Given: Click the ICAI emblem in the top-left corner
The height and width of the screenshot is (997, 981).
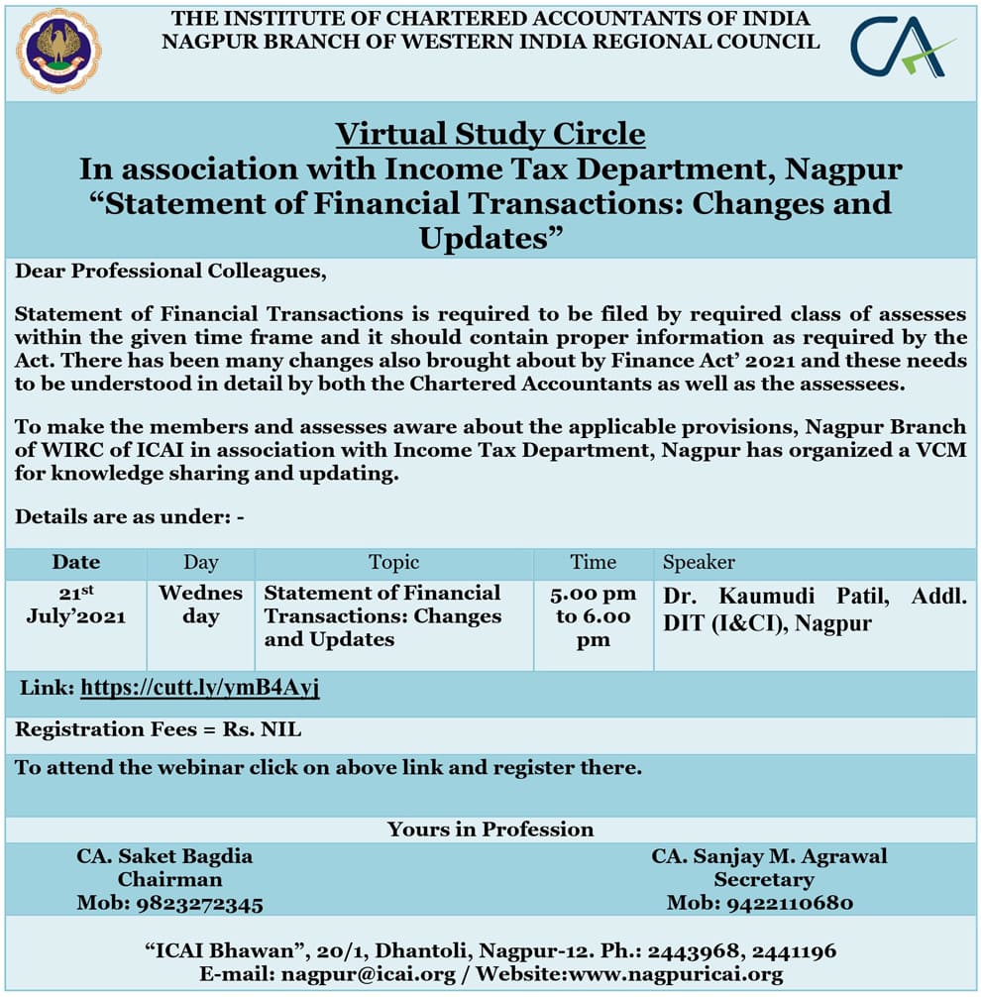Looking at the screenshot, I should pos(58,51).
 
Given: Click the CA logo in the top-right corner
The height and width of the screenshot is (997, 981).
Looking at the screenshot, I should pos(901,48).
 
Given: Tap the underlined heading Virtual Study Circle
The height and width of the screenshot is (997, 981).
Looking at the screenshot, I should pos(490,134).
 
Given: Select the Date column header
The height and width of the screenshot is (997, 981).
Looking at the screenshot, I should pos(76,562).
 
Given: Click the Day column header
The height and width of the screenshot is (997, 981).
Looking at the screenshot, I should pos(200,562).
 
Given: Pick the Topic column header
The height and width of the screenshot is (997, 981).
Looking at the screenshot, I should pos(393,562).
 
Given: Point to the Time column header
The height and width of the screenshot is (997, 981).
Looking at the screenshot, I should pos(593,562).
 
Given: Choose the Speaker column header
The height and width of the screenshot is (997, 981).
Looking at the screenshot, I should pos(699,562).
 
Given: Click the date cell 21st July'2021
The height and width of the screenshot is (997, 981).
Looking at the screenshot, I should pos(76,605).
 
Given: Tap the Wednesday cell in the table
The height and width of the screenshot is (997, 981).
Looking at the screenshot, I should pos(200,605).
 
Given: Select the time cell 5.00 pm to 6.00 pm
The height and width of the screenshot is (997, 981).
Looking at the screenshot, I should pos(593,616).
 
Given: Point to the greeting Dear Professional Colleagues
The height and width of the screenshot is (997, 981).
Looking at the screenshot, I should pos(170,271).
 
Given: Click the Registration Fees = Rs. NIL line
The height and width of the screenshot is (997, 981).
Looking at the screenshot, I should pos(159,730).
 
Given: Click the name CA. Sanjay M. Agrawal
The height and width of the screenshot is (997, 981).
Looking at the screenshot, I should pos(769,856).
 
